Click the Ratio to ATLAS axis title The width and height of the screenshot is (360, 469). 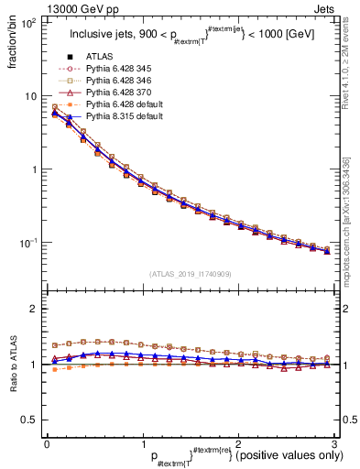click(12, 366)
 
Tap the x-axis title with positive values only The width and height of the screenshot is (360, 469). click(234, 455)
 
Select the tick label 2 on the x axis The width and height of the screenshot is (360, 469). click(237, 443)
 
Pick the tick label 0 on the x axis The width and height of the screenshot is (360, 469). click(47, 443)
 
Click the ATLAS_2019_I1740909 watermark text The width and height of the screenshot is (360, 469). click(190, 274)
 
